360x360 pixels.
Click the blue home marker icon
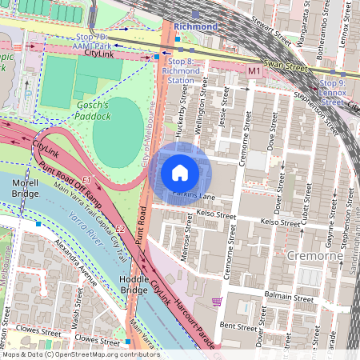[180, 173]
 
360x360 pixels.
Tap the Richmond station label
[196, 26]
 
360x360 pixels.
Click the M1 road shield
[254, 72]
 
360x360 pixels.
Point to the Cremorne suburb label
[313, 254]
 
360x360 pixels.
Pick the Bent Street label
[238, 326]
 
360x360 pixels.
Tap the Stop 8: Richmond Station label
[182, 70]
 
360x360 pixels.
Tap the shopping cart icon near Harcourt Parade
[216, 302]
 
